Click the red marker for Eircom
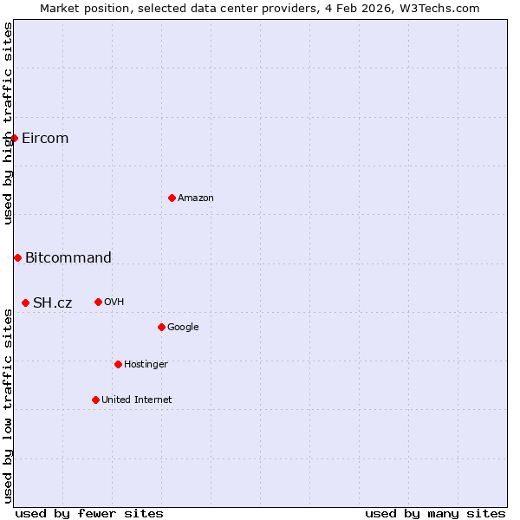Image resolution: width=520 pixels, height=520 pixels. [x=14, y=139]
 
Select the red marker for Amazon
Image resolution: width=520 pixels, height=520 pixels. [x=172, y=198]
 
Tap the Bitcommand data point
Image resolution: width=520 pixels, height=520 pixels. [x=17, y=257]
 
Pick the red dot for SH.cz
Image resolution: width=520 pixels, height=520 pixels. [x=25, y=302]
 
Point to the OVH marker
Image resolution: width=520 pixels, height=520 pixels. [x=98, y=302]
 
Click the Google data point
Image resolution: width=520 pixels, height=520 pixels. [x=161, y=327]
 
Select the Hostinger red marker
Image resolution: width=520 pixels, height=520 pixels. [x=118, y=364]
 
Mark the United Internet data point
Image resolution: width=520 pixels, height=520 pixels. [x=95, y=400]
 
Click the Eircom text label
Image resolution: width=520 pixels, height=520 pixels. [x=45, y=139]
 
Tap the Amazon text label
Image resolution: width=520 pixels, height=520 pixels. [x=196, y=198]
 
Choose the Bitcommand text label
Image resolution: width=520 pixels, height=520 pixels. [x=68, y=257]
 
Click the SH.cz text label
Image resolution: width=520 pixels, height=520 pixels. [x=53, y=302]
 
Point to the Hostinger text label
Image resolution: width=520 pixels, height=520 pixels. [x=146, y=364]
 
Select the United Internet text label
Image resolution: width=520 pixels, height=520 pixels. [x=136, y=400]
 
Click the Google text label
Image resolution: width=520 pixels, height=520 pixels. [x=183, y=327]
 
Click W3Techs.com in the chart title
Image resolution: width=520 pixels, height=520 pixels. [x=443, y=9]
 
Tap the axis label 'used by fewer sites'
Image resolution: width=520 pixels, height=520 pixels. [x=89, y=513]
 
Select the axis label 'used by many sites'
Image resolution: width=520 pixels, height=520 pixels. [x=435, y=513]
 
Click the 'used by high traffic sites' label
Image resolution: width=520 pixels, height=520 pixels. [x=8, y=123]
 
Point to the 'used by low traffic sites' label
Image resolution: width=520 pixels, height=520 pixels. [x=8, y=402]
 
